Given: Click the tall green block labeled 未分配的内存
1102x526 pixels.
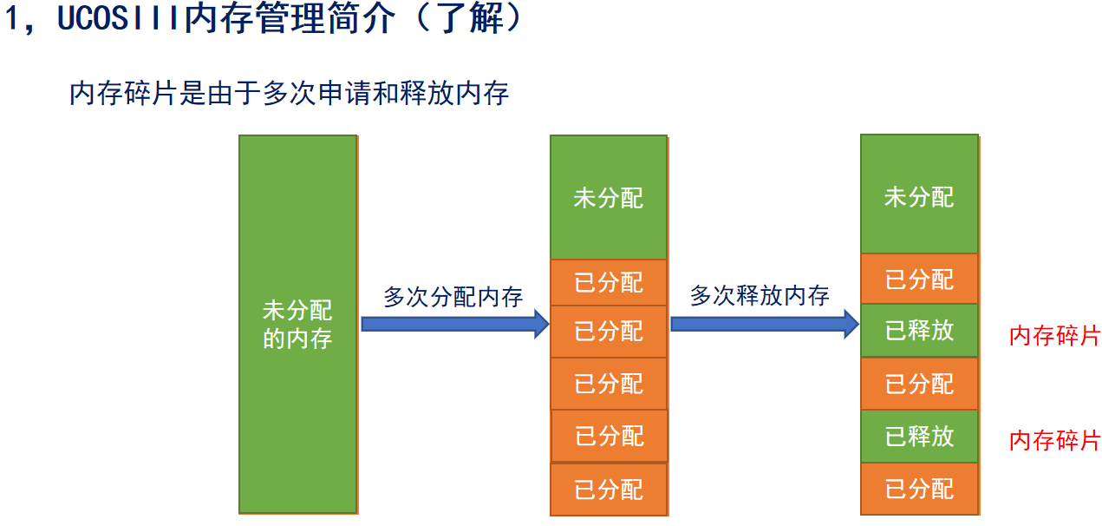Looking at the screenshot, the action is pyautogui.click(x=298, y=325).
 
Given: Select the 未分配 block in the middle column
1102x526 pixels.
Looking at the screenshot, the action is pyautogui.click(x=609, y=197).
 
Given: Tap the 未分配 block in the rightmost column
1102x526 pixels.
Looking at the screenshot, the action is pyautogui.click(x=919, y=194).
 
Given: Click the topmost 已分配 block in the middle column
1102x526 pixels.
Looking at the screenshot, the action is pyautogui.click(x=609, y=283).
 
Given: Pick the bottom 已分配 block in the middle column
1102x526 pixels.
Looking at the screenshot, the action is pyautogui.click(x=609, y=489).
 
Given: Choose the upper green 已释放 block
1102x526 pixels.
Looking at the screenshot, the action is pyautogui.click(x=919, y=330).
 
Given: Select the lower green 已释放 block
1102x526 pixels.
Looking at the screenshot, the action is pyautogui.click(x=919, y=437).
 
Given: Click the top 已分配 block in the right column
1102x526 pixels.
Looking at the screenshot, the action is pyautogui.click(x=919, y=279).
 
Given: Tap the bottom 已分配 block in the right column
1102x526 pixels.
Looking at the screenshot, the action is pyautogui.click(x=919, y=489).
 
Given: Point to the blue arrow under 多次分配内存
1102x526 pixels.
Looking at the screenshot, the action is pyautogui.click(x=455, y=324).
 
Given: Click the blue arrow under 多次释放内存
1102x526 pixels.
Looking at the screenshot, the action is pyautogui.click(x=765, y=324).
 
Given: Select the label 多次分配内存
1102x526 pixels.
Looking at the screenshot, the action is pyautogui.click(x=453, y=297).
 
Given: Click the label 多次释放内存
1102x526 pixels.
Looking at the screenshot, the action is pyautogui.click(x=760, y=295).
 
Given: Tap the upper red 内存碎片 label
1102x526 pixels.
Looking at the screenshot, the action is pyautogui.click(x=1055, y=336).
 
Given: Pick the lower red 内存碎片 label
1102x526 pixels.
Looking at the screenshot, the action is pyautogui.click(x=1055, y=440).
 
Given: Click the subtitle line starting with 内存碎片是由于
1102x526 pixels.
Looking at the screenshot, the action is pyautogui.click(x=289, y=93).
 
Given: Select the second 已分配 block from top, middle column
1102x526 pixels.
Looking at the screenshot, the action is pyautogui.click(x=609, y=332).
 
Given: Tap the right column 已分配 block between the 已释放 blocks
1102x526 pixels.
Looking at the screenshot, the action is pyautogui.click(x=919, y=384).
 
